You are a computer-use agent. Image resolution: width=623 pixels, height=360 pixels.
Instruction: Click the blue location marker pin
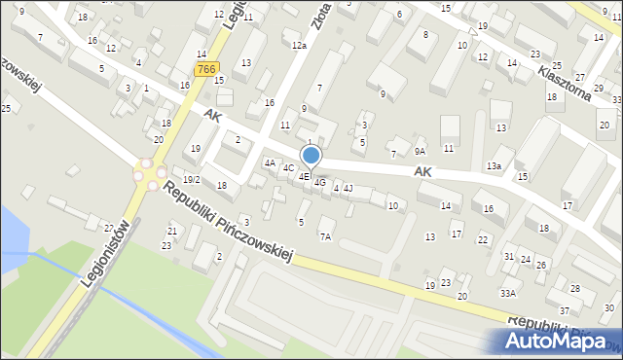point(311,156)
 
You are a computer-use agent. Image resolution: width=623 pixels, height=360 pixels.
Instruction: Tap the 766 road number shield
point(204,69)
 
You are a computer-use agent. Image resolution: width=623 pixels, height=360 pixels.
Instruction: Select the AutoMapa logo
point(560,341)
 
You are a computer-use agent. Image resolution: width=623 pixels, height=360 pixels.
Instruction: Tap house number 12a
point(299,45)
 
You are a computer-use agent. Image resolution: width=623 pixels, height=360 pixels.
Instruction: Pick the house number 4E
point(304,176)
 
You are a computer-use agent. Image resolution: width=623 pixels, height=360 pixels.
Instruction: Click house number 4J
point(348,188)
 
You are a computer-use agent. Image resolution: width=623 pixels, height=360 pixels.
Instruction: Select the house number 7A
point(325,236)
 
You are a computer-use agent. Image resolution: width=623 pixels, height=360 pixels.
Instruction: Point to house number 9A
point(420,151)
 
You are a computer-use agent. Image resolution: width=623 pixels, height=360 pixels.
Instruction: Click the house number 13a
point(495,166)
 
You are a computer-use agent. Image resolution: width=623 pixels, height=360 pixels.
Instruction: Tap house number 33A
point(507,293)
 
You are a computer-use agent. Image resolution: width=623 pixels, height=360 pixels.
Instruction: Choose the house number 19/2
point(191,179)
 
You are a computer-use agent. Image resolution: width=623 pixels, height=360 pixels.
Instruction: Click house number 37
point(565,310)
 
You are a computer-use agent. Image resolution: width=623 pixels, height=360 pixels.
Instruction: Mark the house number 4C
point(288,168)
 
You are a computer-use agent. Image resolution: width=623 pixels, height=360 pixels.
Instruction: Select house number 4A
point(270,162)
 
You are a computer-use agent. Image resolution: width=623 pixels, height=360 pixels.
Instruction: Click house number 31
point(508,256)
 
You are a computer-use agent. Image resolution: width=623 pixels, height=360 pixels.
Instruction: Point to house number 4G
point(319,182)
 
